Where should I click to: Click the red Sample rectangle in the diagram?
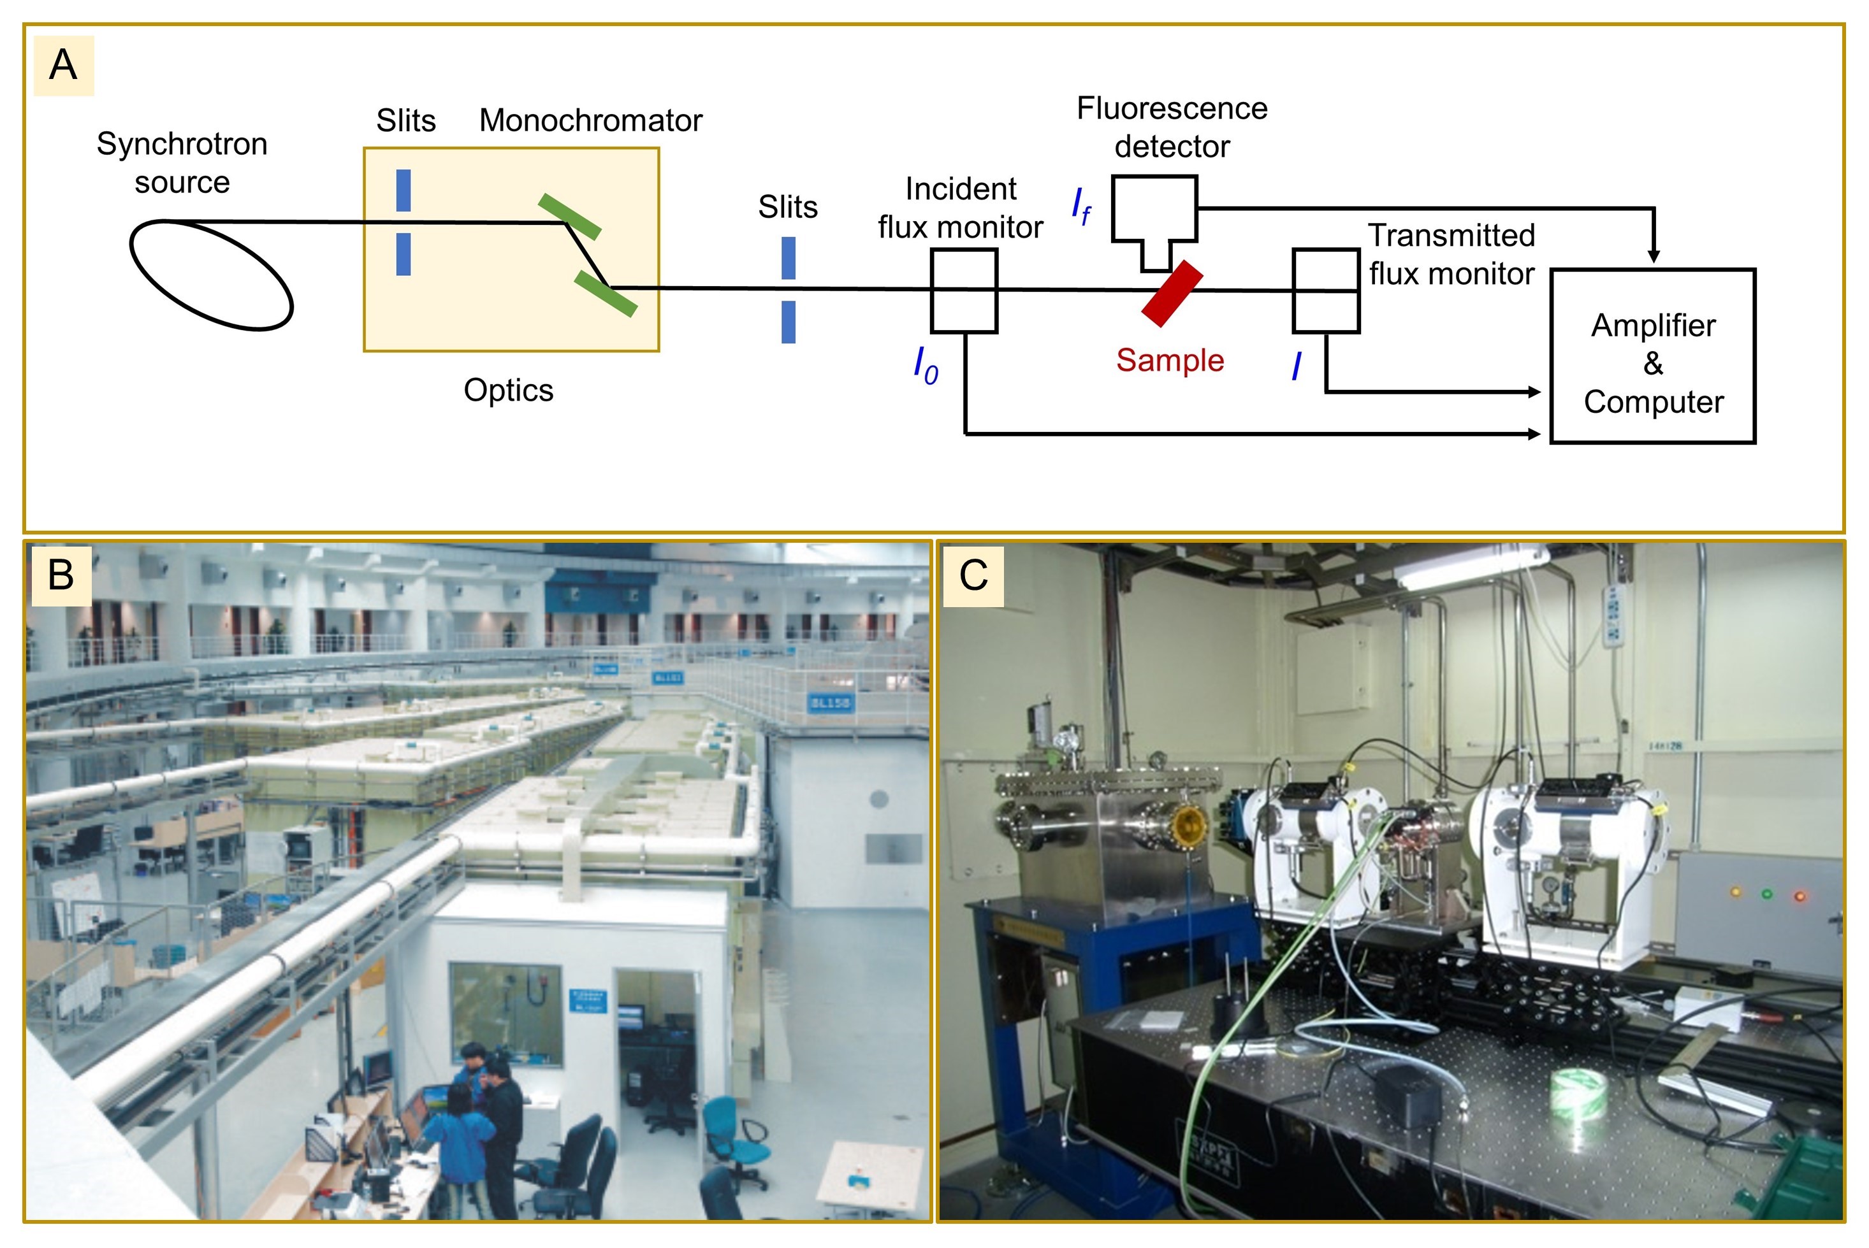1172,294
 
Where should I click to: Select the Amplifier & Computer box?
1652,357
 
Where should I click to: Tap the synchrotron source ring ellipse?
211,275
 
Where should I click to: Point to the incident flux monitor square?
964,290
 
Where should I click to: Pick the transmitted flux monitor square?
1325,290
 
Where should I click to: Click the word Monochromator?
590,121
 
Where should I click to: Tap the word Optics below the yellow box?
508,391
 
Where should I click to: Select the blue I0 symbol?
926,366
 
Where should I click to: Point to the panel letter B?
61,575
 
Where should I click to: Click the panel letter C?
973,575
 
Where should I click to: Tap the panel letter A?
63,65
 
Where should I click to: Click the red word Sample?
1169,361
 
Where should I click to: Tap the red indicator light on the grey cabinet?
1799,896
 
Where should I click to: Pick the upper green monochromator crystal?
569,217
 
